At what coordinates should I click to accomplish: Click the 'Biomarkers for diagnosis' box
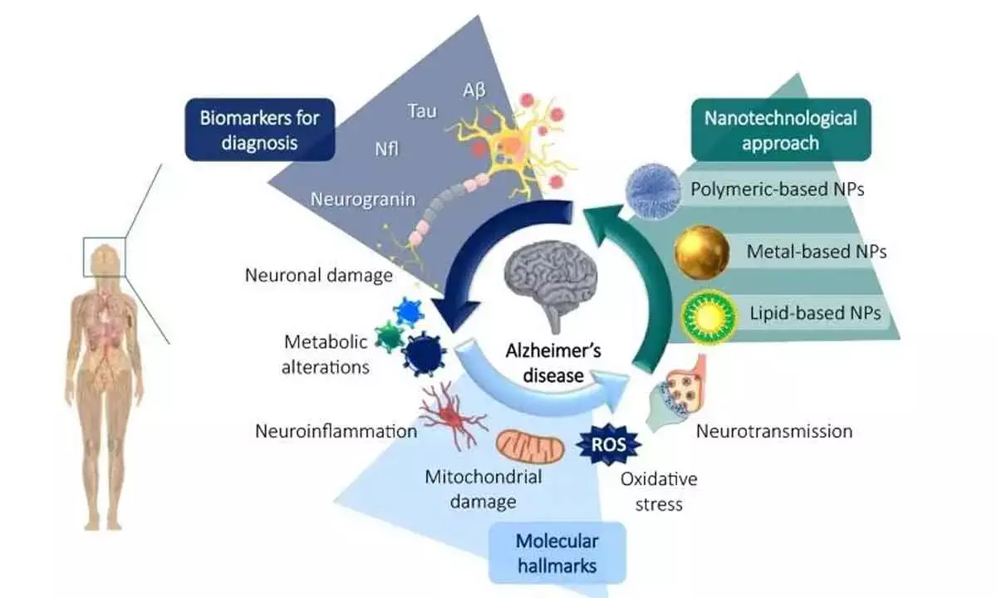pyautogui.click(x=259, y=130)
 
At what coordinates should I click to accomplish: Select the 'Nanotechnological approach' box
pyautogui.click(x=780, y=130)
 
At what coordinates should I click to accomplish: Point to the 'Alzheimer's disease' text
pyautogui.click(x=554, y=363)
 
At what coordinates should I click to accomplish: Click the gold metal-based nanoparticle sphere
pyautogui.click(x=701, y=252)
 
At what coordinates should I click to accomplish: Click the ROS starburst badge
pyautogui.click(x=609, y=444)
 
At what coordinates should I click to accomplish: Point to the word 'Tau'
pyautogui.click(x=421, y=111)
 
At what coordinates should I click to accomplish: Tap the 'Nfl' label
pyautogui.click(x=387, y=150)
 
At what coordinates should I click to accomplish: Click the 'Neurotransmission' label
pyautogui.click(x=774, y=431)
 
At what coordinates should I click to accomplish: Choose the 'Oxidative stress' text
pyautogui.click(x=658, y=491)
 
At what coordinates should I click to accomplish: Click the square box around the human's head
pyautogui.click(x=104, y=257)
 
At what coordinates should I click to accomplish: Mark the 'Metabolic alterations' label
pyautogui.click(x=327, y=355)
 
